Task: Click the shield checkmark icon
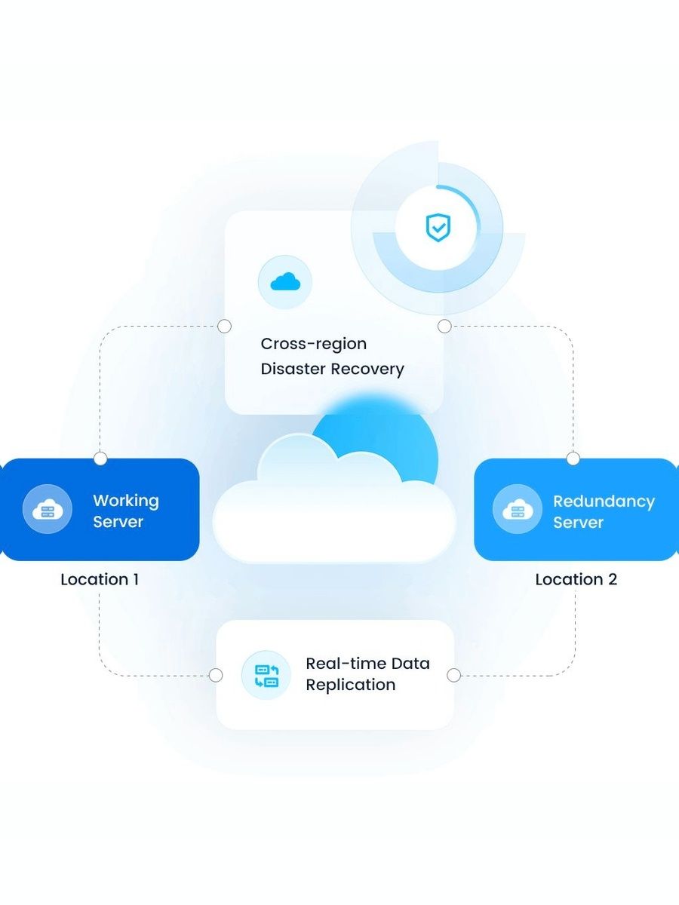tap(438, 226)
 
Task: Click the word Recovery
tap(370, 370)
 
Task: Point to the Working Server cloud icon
tap(48, 510)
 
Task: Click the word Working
tap(126, 500)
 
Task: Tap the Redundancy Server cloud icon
tap(517, 510)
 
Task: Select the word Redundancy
tap(604, 501)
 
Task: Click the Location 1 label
tap(100, 579)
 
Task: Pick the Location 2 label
tap(576, 579)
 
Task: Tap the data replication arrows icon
tap(266, 675)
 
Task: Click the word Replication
tap(350, 685)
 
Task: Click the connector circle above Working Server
tap(100, 459)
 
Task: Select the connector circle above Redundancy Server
tap(573, 459)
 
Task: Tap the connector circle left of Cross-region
tap(224, 327)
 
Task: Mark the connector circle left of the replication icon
tap(216, 675)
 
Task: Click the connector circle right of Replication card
tap(453, 675)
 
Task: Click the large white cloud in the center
tap(333, 513)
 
